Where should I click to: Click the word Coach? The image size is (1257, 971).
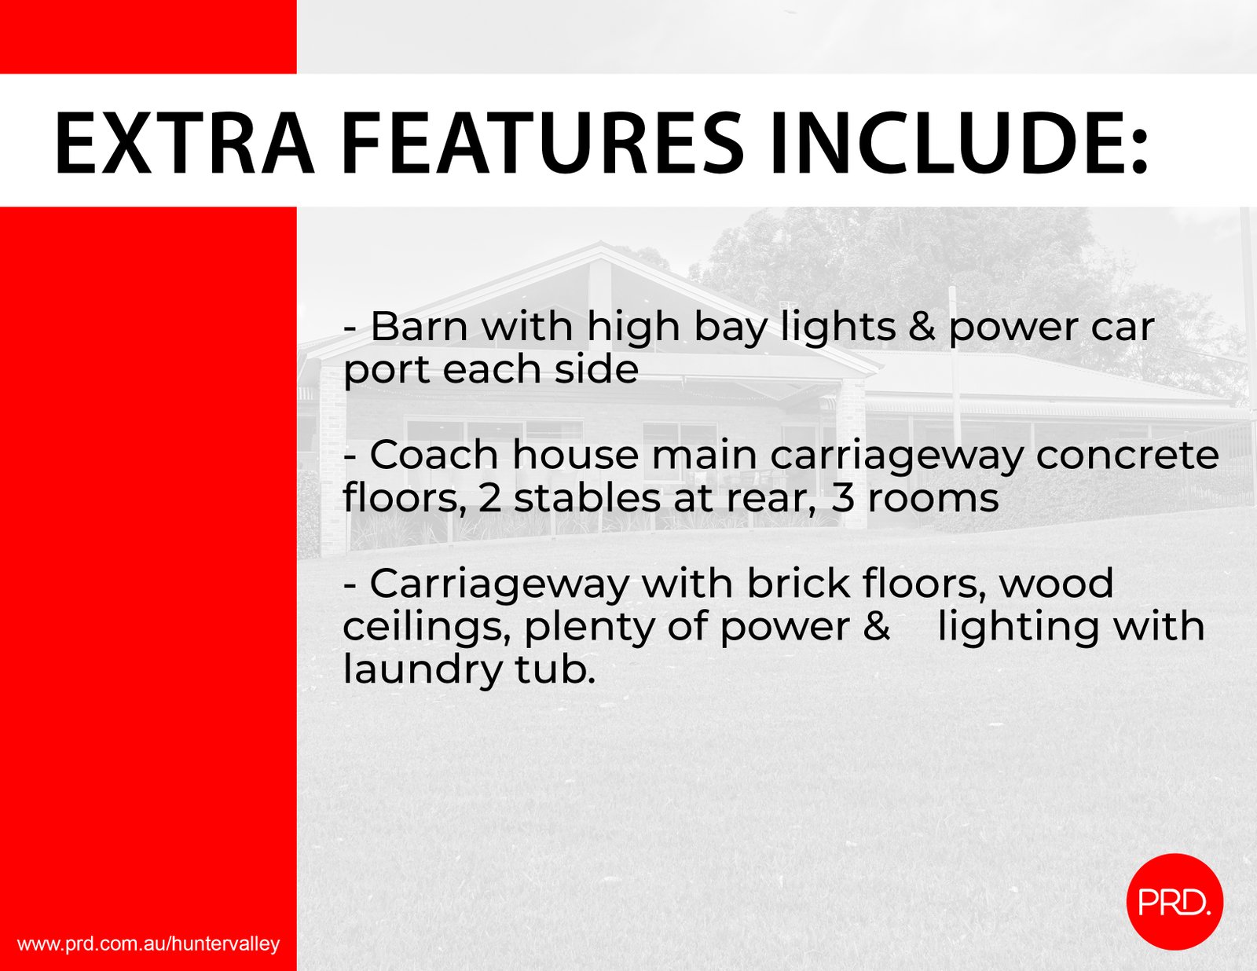point(434,455)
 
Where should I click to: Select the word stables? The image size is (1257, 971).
point(587,499)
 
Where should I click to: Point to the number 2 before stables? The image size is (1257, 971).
point(489,499)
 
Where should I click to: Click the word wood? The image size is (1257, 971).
point(1056,584)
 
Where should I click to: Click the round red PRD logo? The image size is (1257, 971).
point(1175,902)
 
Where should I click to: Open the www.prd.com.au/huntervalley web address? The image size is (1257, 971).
point(148,944)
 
